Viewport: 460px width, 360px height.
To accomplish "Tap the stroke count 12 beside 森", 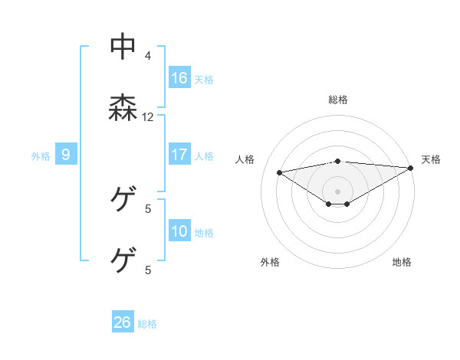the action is click(x=148, y=117).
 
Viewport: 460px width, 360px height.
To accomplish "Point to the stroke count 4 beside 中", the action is click(x=148, y=55).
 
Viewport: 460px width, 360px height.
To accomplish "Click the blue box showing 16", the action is click(x=179, y=78).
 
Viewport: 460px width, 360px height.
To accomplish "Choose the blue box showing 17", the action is click(x=179, y=155).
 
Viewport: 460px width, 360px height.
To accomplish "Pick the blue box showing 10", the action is click(x=179, y=231).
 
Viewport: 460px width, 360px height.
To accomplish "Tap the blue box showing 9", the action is click(x=66, y=155).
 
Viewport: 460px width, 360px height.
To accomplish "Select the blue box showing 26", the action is click(x=123, y=322).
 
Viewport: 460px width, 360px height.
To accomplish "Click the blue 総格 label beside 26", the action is click(x=147, y=324).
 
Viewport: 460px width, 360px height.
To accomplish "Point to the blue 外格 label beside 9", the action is click(x=41, y=156).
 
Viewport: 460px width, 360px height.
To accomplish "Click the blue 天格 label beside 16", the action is click(x=204, y=80).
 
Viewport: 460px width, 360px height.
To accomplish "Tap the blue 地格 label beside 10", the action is click(x=204, y=233).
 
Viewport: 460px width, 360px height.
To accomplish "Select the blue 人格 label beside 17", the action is click(x=204, y=156).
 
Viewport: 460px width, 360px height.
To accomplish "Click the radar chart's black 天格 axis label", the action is click(x=431, y=159).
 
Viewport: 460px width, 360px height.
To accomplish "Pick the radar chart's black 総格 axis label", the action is click(x=338, y=100).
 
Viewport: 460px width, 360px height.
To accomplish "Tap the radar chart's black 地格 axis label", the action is click(x=402, y=262).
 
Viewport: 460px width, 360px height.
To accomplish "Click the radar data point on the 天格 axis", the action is click(x=411, y=168).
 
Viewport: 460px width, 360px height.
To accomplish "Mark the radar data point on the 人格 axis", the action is click(x=279, y=172).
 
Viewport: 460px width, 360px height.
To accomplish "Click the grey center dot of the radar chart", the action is click(x=338, y=191).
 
